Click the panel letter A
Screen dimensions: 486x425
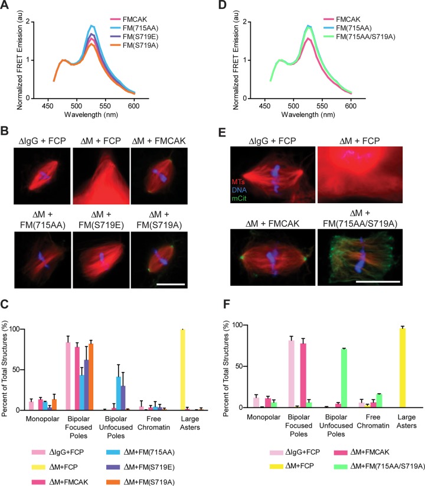[x=6, y=6]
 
